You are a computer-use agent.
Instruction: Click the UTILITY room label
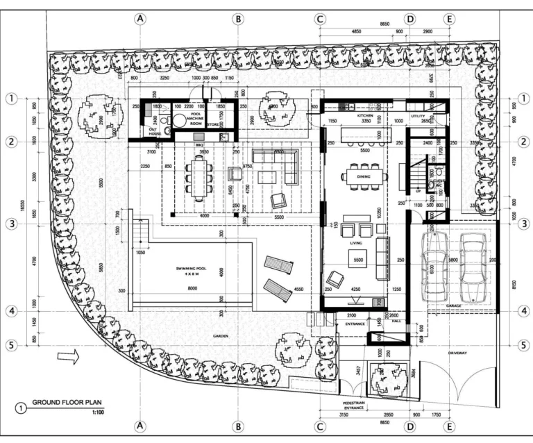(x=418, y=116)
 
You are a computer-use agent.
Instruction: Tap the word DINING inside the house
(x=364, y=177)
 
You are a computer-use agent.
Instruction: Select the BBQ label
(x=198, y=137)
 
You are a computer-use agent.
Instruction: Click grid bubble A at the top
(x=140, y=19)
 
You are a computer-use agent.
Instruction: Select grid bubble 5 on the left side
(x=11, y=344)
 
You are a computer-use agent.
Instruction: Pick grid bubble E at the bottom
(x=450, y=425)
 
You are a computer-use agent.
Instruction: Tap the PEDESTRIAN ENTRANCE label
(x=355, y=405)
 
